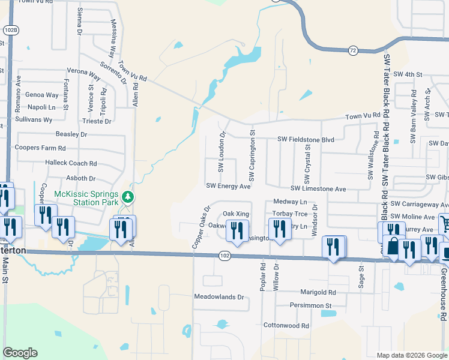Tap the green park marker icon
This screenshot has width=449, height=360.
pos(127,197)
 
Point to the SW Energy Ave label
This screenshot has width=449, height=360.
pos(228,187)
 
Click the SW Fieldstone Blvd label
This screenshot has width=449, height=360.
pos(305,139)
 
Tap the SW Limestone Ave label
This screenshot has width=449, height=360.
pos(319,189)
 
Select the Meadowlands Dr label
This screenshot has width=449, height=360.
pos(219,297)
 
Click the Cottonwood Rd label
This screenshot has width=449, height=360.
pos(286,325)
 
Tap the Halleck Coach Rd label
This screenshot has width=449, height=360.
pos(71,163)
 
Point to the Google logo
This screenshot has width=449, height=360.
pos(20,353)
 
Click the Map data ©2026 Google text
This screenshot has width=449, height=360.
pos(411,355)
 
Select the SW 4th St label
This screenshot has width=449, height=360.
pos(406,74)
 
